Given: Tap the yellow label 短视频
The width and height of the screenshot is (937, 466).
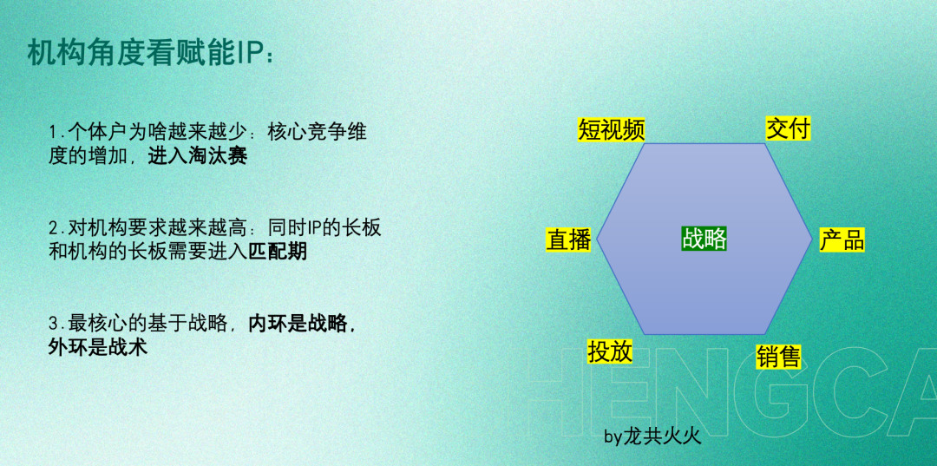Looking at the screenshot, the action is [612, 129].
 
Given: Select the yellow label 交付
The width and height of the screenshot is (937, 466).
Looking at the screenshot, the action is [788, 128].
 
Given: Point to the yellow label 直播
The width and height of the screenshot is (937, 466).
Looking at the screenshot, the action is [568, 240].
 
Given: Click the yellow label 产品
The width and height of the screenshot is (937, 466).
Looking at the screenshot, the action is [842, 240].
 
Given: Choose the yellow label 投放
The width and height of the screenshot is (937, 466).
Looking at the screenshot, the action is [610, 352].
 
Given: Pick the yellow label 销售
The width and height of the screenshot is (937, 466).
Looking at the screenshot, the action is [778, 358].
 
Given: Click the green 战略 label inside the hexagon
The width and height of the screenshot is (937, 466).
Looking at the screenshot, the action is [704, 239].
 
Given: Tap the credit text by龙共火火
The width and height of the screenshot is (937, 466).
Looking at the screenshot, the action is [652, 437].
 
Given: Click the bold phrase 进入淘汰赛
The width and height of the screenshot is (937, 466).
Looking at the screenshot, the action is [198, 156].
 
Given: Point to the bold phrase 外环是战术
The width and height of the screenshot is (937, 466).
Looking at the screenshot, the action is [98, 348].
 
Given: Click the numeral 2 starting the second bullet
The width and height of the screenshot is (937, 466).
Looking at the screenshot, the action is [54, 228].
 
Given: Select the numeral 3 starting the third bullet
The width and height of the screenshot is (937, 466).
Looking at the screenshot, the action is [54, 324].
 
